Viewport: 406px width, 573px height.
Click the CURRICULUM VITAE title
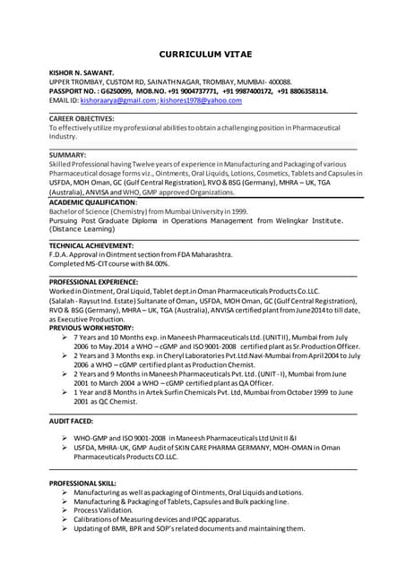tap(203, 53)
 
